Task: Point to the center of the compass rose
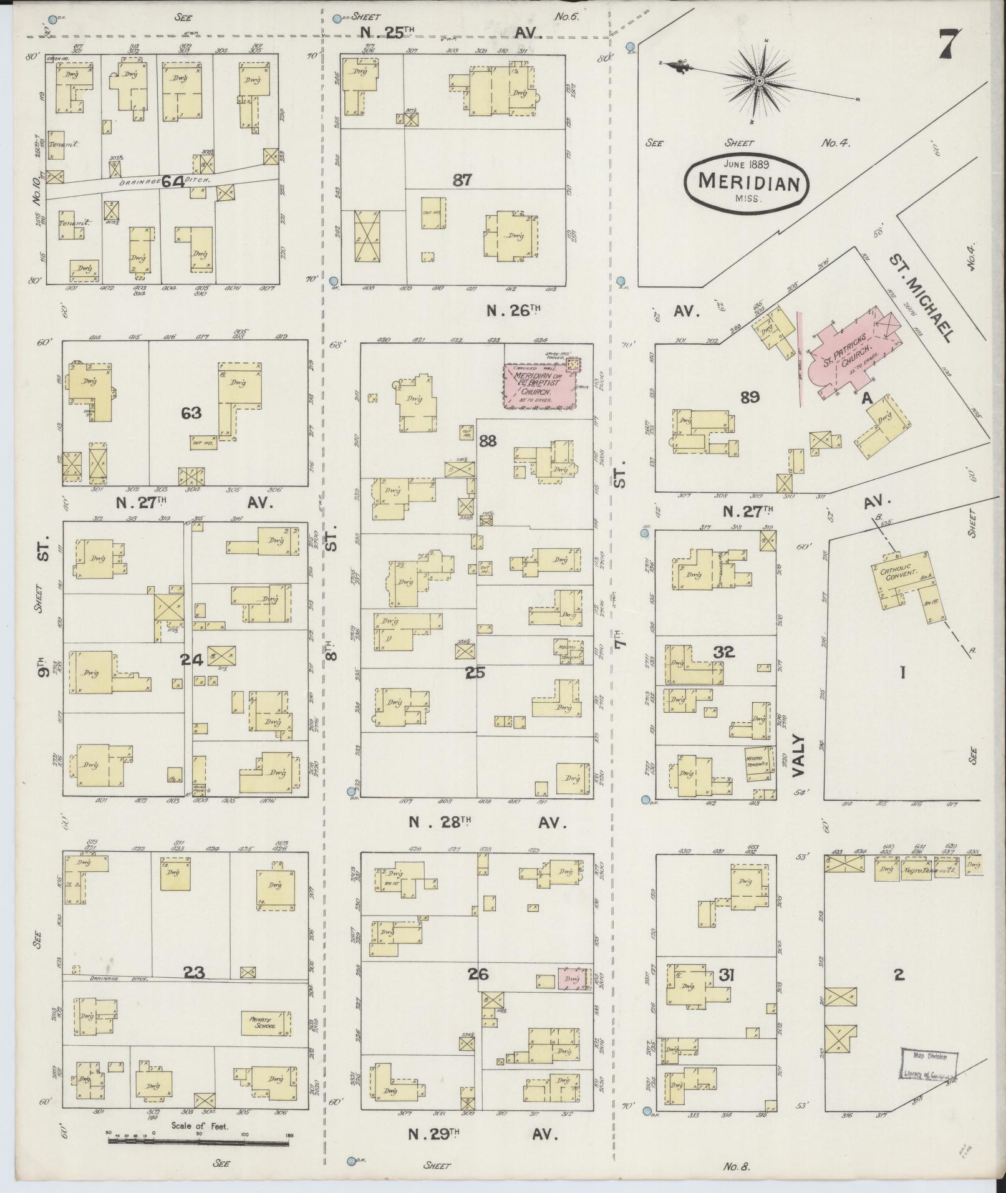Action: coord(760,82)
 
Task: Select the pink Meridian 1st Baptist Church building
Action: coord(540,387)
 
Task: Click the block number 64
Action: coord(173,181)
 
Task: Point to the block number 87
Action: coord(462,180)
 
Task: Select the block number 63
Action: coord(191,412)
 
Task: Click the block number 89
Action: coord(749,397)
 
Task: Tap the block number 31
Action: coord(726,992)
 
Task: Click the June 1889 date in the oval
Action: coord(746,165)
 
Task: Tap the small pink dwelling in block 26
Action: coord(573,997)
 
